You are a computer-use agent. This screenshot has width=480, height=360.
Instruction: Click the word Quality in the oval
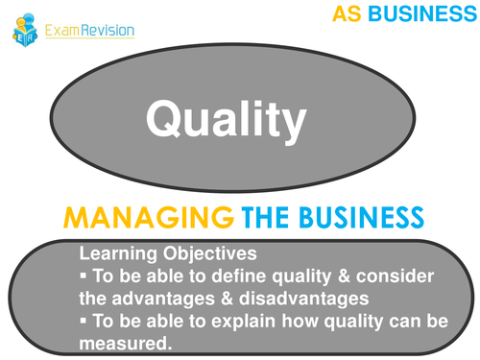(226, 119)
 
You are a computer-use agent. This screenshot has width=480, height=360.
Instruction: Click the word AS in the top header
(349, 14)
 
